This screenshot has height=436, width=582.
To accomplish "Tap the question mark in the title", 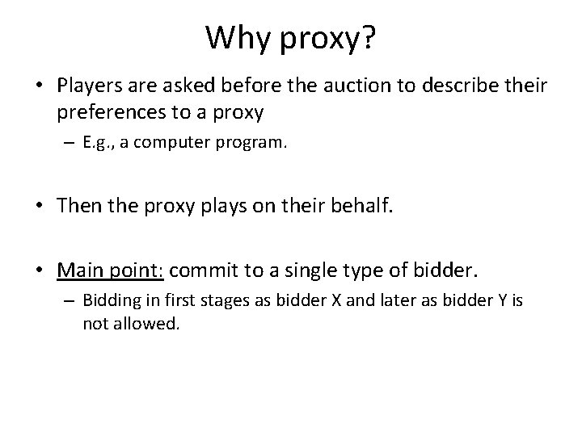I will click(x=368, y=36).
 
